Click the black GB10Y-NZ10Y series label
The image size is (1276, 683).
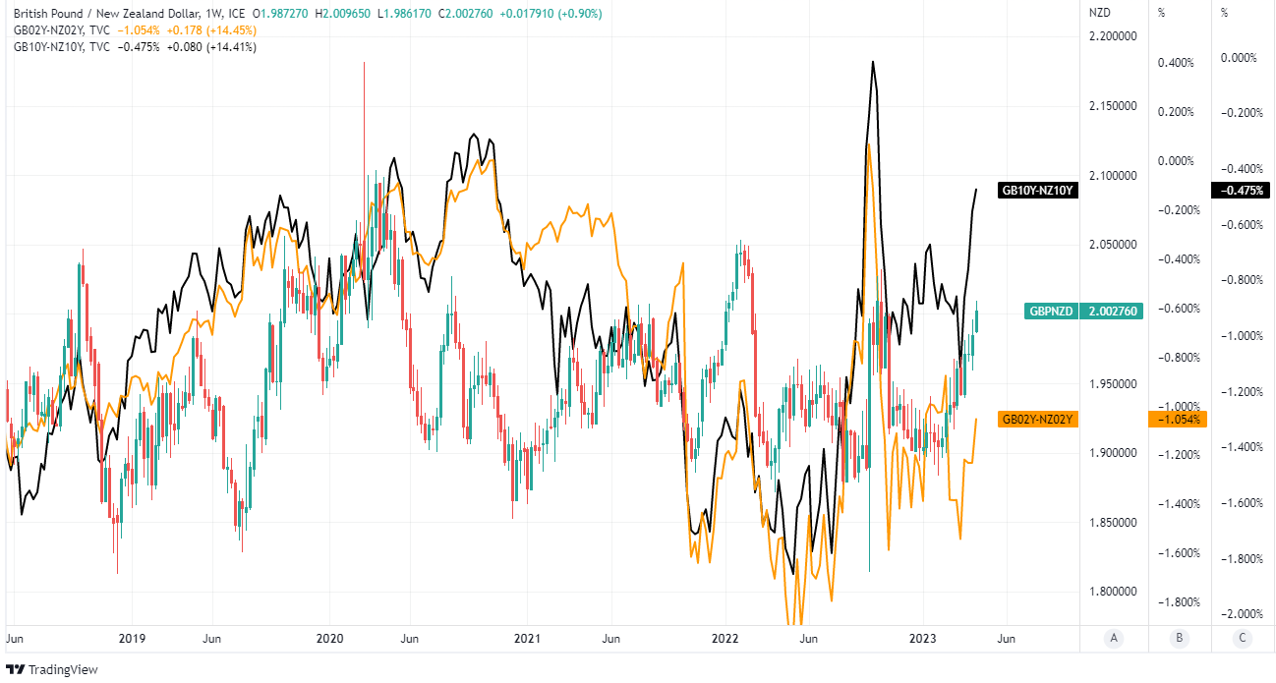(1038, 191)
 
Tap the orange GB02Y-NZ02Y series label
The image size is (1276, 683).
(1038, 420)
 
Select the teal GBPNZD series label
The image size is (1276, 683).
(1051, 312)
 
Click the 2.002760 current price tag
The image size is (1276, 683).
(1113, 312)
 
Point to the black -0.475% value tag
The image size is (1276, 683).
(1242, 191)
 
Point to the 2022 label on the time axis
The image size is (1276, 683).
(725, 639)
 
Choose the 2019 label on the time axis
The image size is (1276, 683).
(132, 639)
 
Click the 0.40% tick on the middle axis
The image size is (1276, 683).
(1176, 63)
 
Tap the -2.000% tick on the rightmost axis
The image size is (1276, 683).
(1241, 614)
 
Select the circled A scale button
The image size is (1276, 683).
(1114, 639)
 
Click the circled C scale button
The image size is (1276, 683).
(1244, 639)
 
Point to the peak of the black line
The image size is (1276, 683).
(872, 62)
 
